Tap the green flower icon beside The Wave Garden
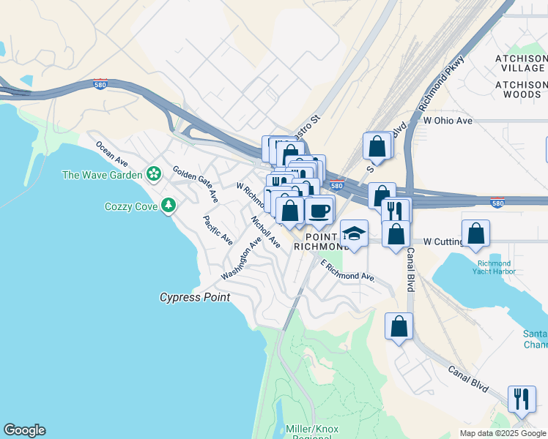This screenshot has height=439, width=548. (x=153, y=173)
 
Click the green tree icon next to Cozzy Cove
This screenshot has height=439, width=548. (x=169, y=206)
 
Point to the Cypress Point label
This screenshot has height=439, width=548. (x=195, y=298)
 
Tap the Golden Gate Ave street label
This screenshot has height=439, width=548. (x=196, y=184)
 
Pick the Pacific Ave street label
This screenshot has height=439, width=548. (x=218, y=230)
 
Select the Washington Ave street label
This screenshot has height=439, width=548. (x=242, y=258)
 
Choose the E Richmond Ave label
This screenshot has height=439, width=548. (x=348, y=271)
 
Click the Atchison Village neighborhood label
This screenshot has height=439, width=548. (x=520, y=63)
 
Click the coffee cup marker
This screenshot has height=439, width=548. (x=319, y=211)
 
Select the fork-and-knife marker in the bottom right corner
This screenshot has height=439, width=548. (x=522, y=399)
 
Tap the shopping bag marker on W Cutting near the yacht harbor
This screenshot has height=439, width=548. (x=475, y=233)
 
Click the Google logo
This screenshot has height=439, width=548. (x=24, y=430)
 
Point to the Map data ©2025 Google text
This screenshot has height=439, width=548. (x=502, y=433)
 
